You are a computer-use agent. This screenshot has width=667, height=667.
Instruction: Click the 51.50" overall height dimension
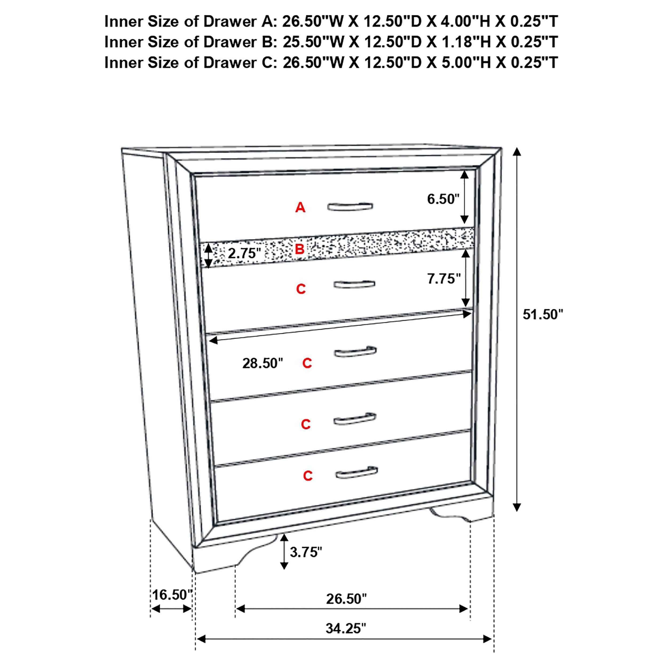542,315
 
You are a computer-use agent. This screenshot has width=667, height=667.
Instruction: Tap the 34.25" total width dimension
346,628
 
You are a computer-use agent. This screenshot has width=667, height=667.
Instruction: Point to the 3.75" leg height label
305,552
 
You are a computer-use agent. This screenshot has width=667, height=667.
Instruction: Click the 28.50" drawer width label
262,363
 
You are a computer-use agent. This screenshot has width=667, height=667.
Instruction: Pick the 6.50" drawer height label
443,199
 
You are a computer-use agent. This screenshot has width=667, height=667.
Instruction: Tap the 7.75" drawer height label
444,279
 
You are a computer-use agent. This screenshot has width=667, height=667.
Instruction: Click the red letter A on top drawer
300,208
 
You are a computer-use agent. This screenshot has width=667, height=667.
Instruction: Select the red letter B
300,249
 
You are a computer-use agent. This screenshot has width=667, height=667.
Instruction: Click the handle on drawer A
350,207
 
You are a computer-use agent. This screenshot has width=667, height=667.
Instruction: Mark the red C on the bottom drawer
308,476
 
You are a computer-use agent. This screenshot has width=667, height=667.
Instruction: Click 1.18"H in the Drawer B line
463,42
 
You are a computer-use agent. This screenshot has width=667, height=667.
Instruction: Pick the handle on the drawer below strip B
354,284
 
